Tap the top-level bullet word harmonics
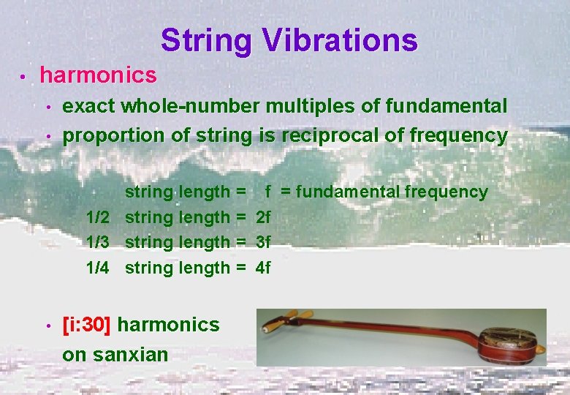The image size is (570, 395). pyautogui.click(x=98, y=75)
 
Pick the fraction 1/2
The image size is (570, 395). pyautogui.click(x=98, y=217)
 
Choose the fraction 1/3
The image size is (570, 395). pyautogui.click(x=98, y=242)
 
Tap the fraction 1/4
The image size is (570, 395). pyautogui.click(x=98, y=268)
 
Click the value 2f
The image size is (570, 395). pyautogui.click(x=263, y=217)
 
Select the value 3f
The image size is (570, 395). pyautogui.click(x=263, y=242)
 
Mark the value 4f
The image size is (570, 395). pyautogui.click(x=263, y=268)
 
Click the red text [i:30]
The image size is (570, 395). pyautogui.click(x=87, y=324)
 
